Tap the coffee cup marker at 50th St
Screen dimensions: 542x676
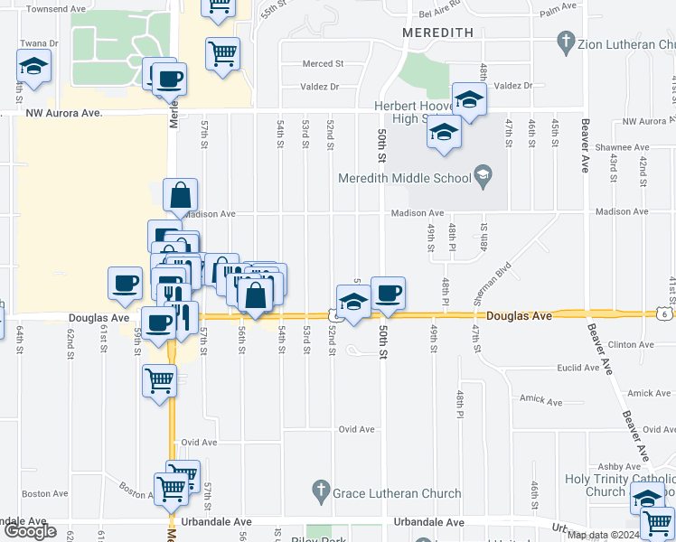click(x=388, y=294)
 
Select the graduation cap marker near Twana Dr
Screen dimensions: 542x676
click(x=33, y=67)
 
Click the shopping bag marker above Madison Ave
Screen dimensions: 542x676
click(x=181, y=195)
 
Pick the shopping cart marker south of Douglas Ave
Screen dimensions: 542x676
click(x=160, y=380)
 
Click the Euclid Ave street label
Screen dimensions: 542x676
click(x=578, y=368)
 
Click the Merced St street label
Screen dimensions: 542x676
click(x=324, y=64)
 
